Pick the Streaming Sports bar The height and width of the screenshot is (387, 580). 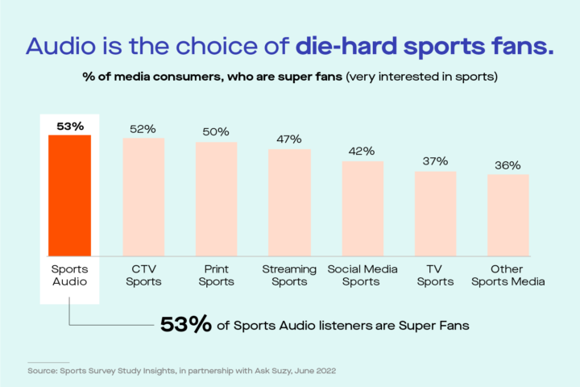coord(289,202)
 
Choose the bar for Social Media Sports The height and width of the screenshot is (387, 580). coord(362,207)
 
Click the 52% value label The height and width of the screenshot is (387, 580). coord(143,129)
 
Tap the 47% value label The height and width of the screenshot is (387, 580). coord(289,139)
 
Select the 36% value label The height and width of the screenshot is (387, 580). coord(508,164)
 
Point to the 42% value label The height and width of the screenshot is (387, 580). coord(362,152)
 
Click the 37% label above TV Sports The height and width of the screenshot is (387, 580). coord(435,161)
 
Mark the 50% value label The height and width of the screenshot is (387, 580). coord(216,132)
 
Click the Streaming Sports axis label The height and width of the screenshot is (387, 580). coord(289,275)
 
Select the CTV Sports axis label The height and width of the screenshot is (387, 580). coord(143,275)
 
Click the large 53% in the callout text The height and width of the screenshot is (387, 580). coord(186,324)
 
